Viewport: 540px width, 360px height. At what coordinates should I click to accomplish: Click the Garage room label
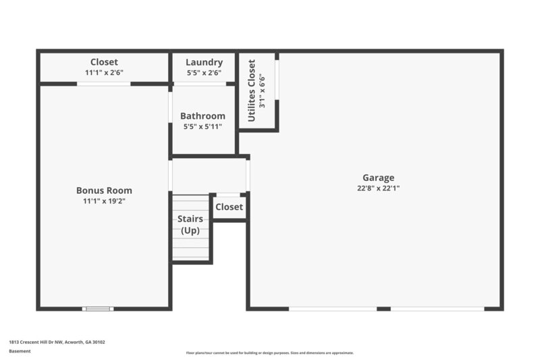(x=377, y=178)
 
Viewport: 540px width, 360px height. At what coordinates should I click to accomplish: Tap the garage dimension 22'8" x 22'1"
(x=377, y=188)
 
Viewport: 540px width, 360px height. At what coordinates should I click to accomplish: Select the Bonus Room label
(x=104, y=190)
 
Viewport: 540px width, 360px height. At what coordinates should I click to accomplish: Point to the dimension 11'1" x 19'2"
(x=104, y=201)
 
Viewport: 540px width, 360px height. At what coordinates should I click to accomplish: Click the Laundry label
(x=204, y=62)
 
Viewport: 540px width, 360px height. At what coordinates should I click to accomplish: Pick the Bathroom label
(x=202, y=116)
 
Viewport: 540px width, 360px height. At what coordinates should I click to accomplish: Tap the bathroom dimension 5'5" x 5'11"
(x=202, y=126)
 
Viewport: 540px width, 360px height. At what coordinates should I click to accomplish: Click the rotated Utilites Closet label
(x=252, y=91)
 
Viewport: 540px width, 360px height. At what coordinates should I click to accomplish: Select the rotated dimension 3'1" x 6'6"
(x=263, y=91)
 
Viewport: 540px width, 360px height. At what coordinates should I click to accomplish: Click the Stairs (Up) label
(x=190, y=224)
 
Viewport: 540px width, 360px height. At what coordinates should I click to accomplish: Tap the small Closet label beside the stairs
(x=230, y=207)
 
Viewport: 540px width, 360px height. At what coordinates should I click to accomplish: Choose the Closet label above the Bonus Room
(x=104, y=62)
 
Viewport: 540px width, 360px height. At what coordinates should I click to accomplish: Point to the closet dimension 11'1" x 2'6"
(x=104, y=72)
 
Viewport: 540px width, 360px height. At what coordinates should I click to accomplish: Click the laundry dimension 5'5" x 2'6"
(x=204, y=72)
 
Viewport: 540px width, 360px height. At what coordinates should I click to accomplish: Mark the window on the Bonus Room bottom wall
(x=97, y=309)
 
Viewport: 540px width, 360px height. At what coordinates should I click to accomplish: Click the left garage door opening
(x=332, y=309)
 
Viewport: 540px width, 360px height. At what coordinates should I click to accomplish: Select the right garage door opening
(x=437, y=309)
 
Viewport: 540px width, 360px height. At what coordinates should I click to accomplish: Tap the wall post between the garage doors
(x=383, y=309)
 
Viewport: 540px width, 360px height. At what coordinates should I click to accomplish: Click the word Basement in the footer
(x=20, y=351)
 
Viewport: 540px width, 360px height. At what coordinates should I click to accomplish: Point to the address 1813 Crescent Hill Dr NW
(x=40, y=342)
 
